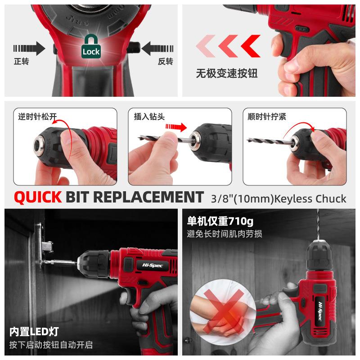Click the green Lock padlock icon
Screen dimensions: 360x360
click(91, 46)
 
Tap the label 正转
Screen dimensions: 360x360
click(21, 61)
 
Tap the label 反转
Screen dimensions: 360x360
click(165, 61)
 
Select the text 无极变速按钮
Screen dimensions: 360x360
click(226, 73)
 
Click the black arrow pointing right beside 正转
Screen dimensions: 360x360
click(29, 47)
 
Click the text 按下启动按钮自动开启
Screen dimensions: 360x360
click(51, 345)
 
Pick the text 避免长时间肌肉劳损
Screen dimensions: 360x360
click(224, 234)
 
